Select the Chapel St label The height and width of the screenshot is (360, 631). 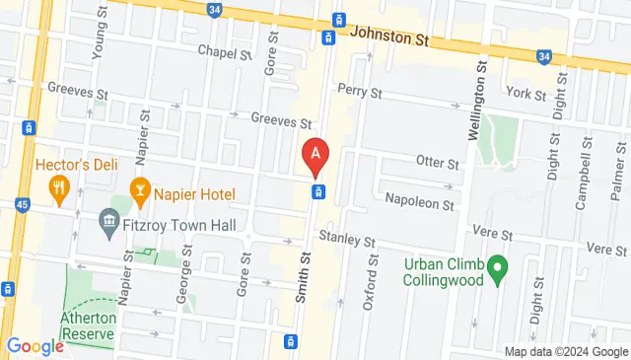tap(225, 52)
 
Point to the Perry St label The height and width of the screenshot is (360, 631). tap(359, 92)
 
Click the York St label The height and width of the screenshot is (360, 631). tap(526, 94)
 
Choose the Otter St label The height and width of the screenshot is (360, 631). tap(439, 163)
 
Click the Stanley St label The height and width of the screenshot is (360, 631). tap(347, 241)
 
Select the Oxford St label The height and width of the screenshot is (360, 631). tap(372, 282)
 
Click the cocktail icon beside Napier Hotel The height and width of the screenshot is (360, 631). tap(140, 187)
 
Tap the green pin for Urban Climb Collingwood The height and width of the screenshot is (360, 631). tap(498, 265)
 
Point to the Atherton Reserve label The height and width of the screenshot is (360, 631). tap(89, 325)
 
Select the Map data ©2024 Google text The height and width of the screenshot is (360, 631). tap(566, 352)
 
